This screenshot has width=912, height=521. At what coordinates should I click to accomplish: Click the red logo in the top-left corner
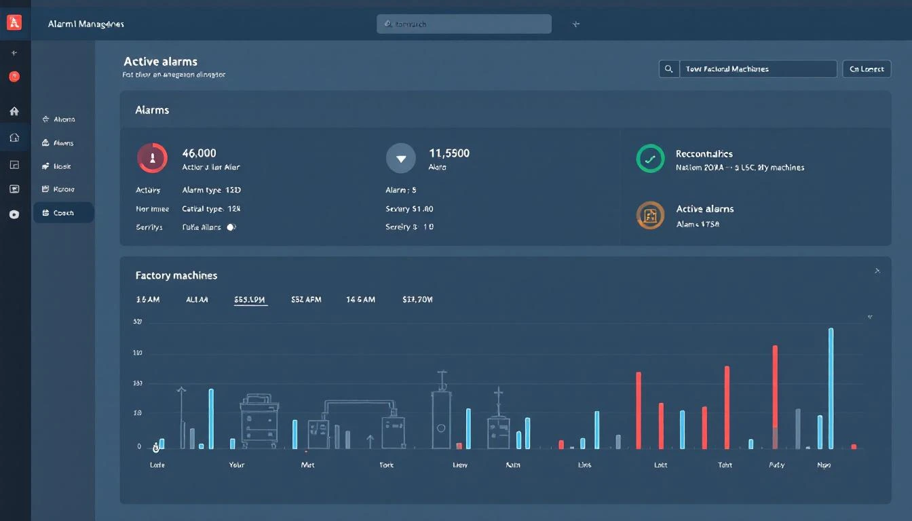[x=14, y=22]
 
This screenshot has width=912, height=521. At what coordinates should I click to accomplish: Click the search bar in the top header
[x=463, y=24]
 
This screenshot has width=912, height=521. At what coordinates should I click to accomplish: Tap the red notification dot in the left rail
[x=14, y=77]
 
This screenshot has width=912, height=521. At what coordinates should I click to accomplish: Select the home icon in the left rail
[x=14, y=111]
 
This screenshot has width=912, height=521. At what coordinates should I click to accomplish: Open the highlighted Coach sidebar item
[x=63, y=212]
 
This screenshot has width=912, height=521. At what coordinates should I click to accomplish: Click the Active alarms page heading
[x=161, y=61]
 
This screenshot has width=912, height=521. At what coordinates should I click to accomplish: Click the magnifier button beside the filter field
[x=668, y=69]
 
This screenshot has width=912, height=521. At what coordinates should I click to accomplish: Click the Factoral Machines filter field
[x=757, y=69]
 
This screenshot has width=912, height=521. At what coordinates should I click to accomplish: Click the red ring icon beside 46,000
[x=152, y=158]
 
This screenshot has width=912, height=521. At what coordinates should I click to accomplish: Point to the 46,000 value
[x=199, y=153]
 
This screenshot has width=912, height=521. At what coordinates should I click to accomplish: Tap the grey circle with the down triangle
[x=400, y=158]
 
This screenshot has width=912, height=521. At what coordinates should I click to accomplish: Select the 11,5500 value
[x=449, y=153]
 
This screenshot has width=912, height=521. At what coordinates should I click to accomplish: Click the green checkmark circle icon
[x=650, y=159]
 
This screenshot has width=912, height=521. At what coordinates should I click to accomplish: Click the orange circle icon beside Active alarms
[x=650, y=215]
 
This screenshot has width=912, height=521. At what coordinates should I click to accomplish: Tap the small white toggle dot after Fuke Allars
[x=231, y=227]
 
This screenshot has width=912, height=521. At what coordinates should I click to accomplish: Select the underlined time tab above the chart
[x=250, y=299]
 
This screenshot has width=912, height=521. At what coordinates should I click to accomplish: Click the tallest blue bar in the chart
[x=831, y=388]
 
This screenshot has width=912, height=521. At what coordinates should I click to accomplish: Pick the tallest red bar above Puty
[x=775, y=396]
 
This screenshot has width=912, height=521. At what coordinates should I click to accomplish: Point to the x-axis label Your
[x=236, y=465]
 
